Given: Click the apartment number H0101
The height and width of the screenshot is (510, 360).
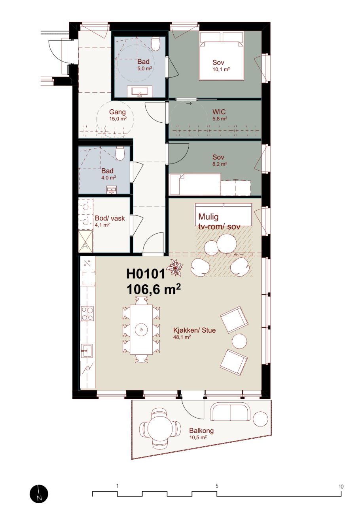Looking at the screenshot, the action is click(146, 274).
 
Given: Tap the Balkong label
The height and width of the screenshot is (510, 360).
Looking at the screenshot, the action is click(201, 431).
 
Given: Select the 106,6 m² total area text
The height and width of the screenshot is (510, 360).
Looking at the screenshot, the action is click(153, 289).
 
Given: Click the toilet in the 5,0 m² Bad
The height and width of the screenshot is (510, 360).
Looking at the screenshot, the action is click(156, 44).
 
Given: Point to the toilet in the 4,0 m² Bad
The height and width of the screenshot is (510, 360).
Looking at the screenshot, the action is click(120, 153).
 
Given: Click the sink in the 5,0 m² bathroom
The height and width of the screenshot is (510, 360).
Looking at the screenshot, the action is click(139, 91).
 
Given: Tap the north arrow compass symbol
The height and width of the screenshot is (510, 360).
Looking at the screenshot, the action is click(39, 494).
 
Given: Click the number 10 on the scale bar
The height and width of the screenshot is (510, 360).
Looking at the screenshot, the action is click(341, 487).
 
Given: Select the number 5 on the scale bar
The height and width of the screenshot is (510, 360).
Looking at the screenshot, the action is click(217, 486).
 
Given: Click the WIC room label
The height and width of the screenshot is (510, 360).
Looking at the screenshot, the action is click(219, 112).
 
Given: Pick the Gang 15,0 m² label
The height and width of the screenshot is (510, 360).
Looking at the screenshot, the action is click(117, 115).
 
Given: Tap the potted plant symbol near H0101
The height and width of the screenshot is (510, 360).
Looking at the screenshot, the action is click(174, 268).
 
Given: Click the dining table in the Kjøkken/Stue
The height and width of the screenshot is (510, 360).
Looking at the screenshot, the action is click(141, 329).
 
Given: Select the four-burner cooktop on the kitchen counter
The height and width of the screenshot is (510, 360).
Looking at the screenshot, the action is click(87, 313).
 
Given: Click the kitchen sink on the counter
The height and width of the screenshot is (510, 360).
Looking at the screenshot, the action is click(87, 351).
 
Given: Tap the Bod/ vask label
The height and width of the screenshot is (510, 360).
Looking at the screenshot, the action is click(110, 218).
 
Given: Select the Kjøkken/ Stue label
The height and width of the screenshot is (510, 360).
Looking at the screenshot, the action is click(195, 330).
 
